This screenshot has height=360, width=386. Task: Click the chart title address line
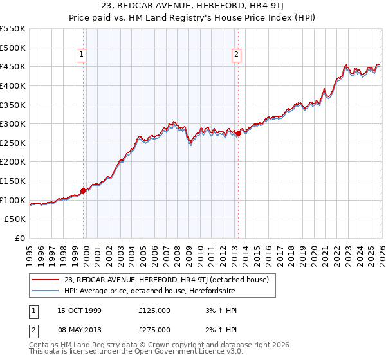[193, 7]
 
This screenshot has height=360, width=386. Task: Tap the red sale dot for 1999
[84, 190]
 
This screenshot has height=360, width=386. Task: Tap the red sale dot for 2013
[238, 134]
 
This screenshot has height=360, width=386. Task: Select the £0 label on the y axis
[21, 239]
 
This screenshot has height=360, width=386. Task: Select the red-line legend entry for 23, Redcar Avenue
[170, 280]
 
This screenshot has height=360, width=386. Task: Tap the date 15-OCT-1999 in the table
[74, 310]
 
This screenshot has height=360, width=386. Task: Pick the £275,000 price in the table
[154, 330]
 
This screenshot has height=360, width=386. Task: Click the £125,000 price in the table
[154, 310]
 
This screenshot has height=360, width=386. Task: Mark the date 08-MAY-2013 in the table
[74, 330]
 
